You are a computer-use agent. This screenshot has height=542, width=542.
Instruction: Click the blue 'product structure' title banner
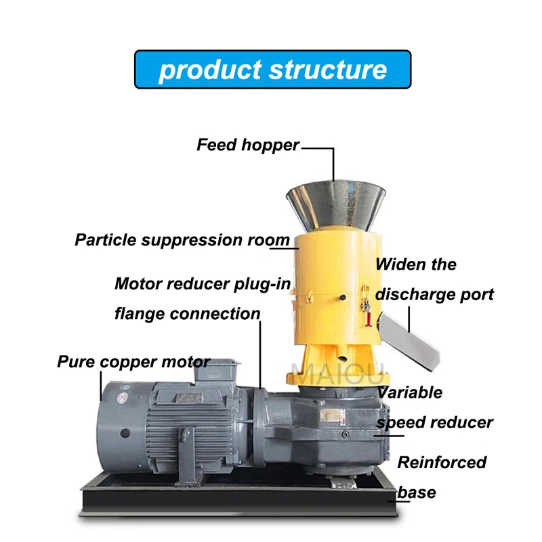pos(272,69)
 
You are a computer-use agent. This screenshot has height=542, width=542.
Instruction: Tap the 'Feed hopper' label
pos(248,145)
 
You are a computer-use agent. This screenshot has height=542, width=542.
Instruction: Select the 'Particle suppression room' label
pos(182,240)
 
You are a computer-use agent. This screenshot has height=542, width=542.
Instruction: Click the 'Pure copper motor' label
pos(133,361)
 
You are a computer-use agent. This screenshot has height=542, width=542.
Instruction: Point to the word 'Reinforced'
pos(442,463)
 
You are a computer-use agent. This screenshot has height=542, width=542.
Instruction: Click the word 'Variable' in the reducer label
pos(411,392)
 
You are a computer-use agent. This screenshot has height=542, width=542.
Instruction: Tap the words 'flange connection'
pos(187,314)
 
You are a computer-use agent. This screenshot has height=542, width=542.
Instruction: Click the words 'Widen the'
pos(416,264)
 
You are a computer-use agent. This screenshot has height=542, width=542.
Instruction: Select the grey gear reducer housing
pos(318,427)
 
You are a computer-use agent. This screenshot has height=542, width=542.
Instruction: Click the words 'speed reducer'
pos(434,423)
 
